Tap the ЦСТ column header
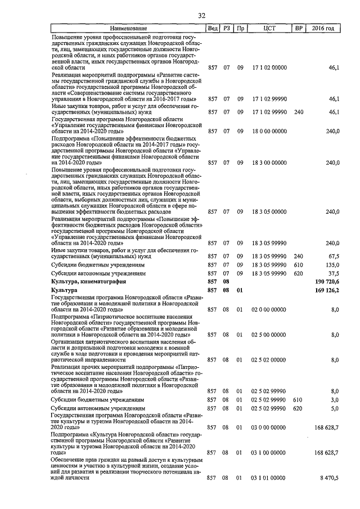[x=268, y=28]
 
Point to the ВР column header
[x=298, y=28]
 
